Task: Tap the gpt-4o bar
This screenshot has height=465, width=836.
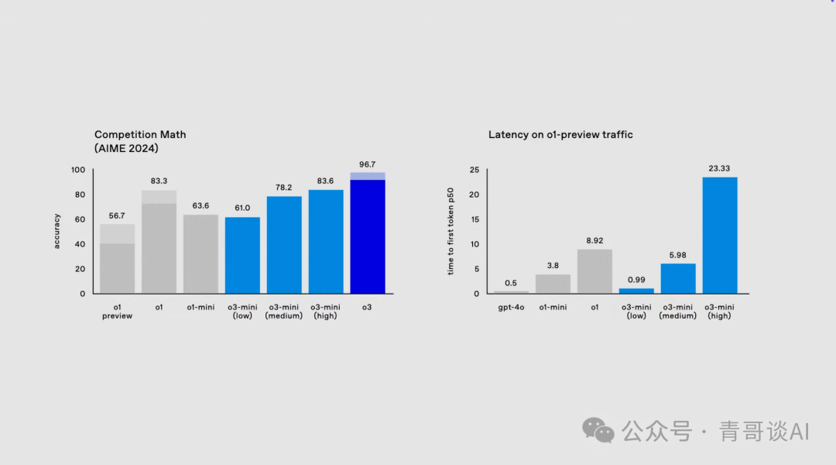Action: pyautogui.click(x=511, y=292)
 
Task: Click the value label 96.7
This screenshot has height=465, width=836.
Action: pyautogui.click(x=368, y=164)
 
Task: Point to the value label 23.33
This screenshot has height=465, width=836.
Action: pyautogui.click(x=720, y=168)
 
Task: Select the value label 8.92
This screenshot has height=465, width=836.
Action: pyautogui.click(x=594, y=240)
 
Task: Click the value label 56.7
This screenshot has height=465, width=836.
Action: pyautogui.click(x=117, y=215)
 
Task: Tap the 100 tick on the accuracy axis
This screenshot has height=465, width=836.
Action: pyautogui.click(x=77, y=170)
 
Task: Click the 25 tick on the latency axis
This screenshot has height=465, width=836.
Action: pyautogui.click(x=475, y=170)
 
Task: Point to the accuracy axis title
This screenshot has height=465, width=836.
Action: pyautogui.click(x=57, y=232)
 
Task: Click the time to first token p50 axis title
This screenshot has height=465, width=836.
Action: pyautogui.click(x=451, y=232)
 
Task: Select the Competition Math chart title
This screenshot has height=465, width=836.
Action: pyautogui.click(x=140, y=141)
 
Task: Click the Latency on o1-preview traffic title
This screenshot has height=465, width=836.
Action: pyautogui.click(x=560, y=135)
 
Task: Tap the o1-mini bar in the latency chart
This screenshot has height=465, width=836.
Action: pyautogui.click(x=553, y=284)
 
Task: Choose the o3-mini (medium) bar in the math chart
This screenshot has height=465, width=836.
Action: pyautogui.click(x=284, y=245)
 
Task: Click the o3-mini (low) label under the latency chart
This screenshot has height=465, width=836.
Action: pyautogui.click(x=636, y=312)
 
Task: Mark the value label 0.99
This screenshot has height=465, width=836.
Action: pyautogui.click(x=636, y=279)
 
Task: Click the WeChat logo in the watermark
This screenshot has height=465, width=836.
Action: pyautogui.click(x=598, y=430)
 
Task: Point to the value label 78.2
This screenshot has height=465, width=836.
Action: pyautogui.click(x=284, y=188)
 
